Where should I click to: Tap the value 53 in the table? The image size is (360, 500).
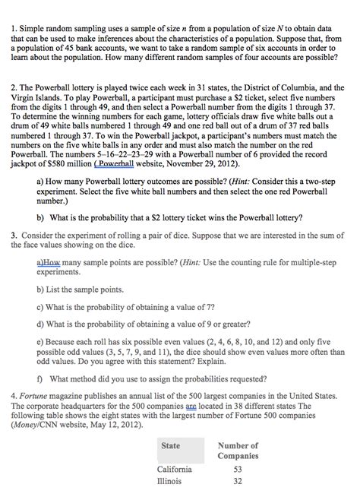[238, 469]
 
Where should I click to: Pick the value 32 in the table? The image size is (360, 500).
[238, 481]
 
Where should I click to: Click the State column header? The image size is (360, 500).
[170, 445]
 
